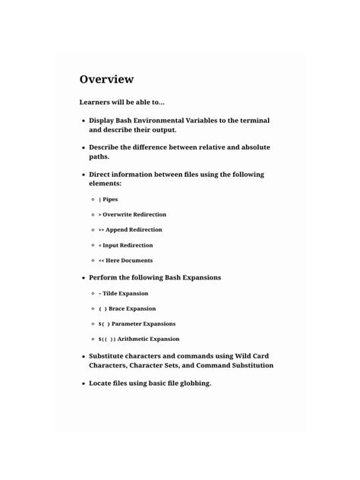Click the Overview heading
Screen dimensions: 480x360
pos(106,79)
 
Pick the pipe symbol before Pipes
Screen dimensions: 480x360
pos(100,200)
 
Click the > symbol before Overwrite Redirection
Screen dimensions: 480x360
pos(100,215)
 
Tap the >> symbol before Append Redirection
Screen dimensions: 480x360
pos(102,230)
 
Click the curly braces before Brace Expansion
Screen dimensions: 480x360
pos(103,309)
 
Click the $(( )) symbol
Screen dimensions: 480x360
pos(107,339)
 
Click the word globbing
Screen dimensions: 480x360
pos(192,384)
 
